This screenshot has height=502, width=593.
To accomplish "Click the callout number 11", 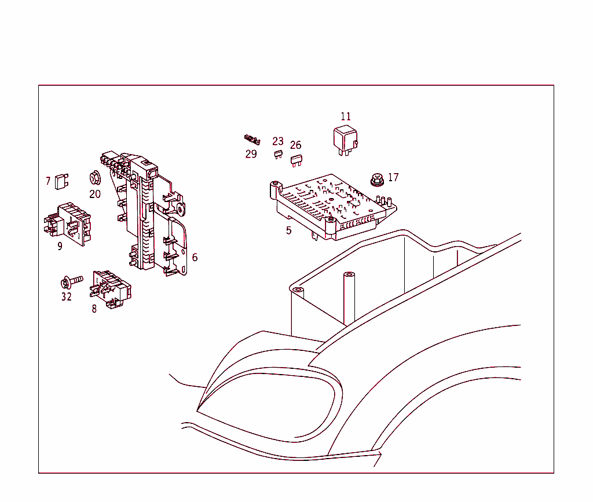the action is (x=346, y=116).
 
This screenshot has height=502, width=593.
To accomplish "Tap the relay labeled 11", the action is (x=345, y=141).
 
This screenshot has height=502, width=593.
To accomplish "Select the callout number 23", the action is (x=278, y=141).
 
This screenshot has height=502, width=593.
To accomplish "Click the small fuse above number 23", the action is (x=279, y=154).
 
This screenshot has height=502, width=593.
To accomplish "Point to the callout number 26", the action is (x=296, y=145).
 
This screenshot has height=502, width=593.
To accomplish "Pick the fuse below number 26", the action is (x=296, y=160).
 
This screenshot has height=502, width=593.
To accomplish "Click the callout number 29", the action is (x=251, y=154).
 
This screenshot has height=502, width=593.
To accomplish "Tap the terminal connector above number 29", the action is (x=252, y=140).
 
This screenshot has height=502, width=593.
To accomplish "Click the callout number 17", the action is (x=393, y=177).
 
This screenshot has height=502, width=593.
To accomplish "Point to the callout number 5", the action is (x=289, y=230).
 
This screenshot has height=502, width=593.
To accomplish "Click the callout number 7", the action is (x=48, y=181).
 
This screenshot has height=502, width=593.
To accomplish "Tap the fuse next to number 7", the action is (x=61, y=181).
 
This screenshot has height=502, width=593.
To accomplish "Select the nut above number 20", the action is (x=94, y=178).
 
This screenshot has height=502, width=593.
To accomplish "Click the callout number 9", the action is (x=60, y=246).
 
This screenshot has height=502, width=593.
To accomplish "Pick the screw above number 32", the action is (x=71, y=281).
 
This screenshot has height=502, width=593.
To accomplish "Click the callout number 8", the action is (x=94, y=309).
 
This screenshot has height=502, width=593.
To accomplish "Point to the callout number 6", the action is (x=195, y=258).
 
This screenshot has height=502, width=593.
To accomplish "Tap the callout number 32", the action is (x=67, y=296).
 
